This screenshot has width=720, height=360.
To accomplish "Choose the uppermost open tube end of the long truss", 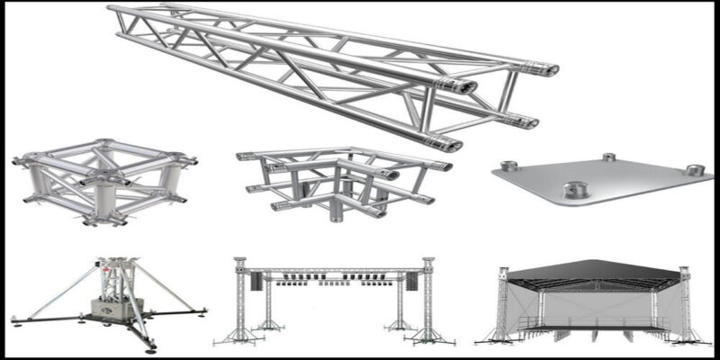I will click(x=550, y=69).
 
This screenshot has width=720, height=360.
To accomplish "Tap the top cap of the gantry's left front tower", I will click(x=239, y=262).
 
